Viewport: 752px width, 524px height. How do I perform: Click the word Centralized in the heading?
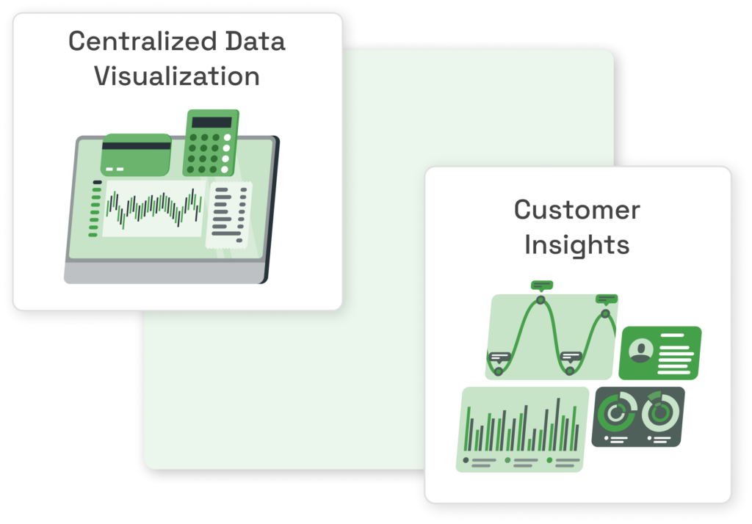coord(143,41)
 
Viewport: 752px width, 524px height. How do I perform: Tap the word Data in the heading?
coord(255,41)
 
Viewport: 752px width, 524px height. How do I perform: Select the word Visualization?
coord(177,76)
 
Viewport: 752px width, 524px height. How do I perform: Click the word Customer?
coord(577,210)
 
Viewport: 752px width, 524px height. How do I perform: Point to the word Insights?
coord(577,245)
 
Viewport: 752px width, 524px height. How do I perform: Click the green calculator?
coord(211,142)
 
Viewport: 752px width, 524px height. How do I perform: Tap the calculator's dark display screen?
coord(211,123)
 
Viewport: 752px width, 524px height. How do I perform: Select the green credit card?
coord(136,155)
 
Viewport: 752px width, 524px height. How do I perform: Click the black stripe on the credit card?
coord(136,145)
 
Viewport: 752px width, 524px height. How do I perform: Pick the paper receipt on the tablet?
coord(229,215)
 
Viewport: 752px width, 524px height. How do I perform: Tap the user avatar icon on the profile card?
coord(640,351)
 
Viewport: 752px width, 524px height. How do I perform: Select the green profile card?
coord(660,353)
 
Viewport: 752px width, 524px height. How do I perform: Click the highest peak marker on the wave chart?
coord(540,300)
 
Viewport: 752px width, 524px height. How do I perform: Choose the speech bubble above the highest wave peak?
coord(542,285)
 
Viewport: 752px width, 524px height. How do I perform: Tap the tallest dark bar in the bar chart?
coord(558,424)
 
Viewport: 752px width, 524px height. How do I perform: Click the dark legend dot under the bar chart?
coord(466,460)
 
